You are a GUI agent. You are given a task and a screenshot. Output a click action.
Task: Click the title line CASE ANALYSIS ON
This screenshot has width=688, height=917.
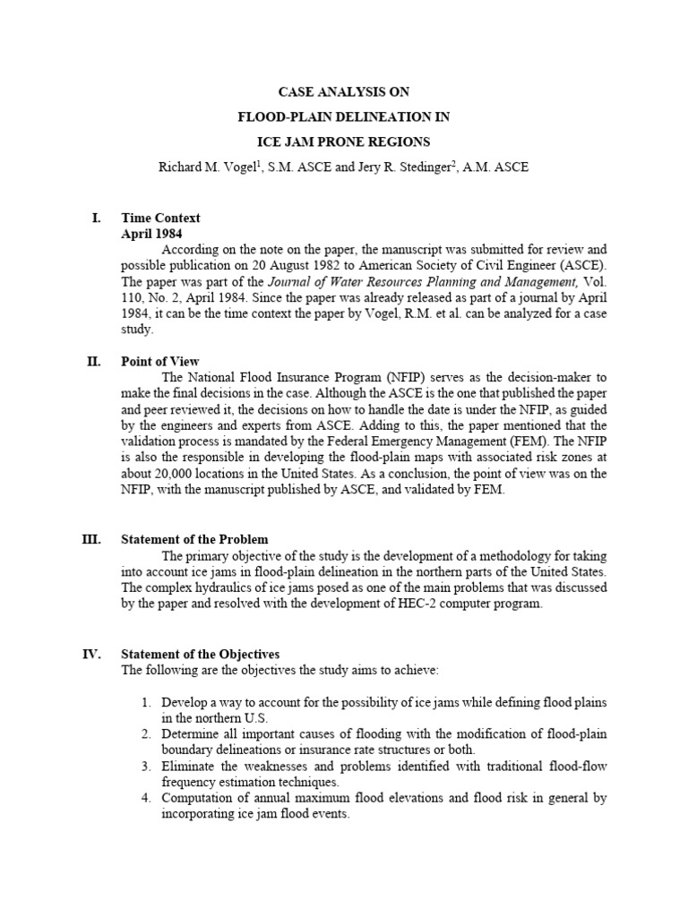point(344,92)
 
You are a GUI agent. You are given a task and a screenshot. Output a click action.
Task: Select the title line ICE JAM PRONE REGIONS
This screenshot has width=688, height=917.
point(344,141)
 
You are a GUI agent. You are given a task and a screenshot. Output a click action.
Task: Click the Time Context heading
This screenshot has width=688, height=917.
point(160,218)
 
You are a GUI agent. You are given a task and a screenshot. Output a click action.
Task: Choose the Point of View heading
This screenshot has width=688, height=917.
point(160,362)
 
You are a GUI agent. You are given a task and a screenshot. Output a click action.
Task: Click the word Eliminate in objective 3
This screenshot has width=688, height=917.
point(190,767)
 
